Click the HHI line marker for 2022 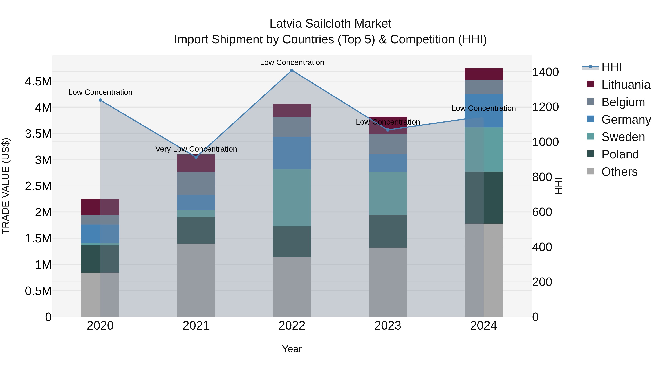pos(292,70)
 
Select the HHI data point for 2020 pos(100,100)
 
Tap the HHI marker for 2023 pos(388,130)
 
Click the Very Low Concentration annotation pos(196,149)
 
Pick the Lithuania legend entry pos(625,85)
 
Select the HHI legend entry pos(611,67)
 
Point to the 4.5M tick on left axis pos(38,82)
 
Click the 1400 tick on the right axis pos(545,72)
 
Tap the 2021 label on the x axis pos(196,326)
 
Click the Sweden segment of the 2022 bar pos(292,198)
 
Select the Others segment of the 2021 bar pos(196,280)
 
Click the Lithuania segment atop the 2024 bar pos(483,74)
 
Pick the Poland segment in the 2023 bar pos(388,231)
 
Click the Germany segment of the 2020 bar pos(100,234)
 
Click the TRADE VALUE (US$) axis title pos(6,186)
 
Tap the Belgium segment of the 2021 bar pos(196,183)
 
